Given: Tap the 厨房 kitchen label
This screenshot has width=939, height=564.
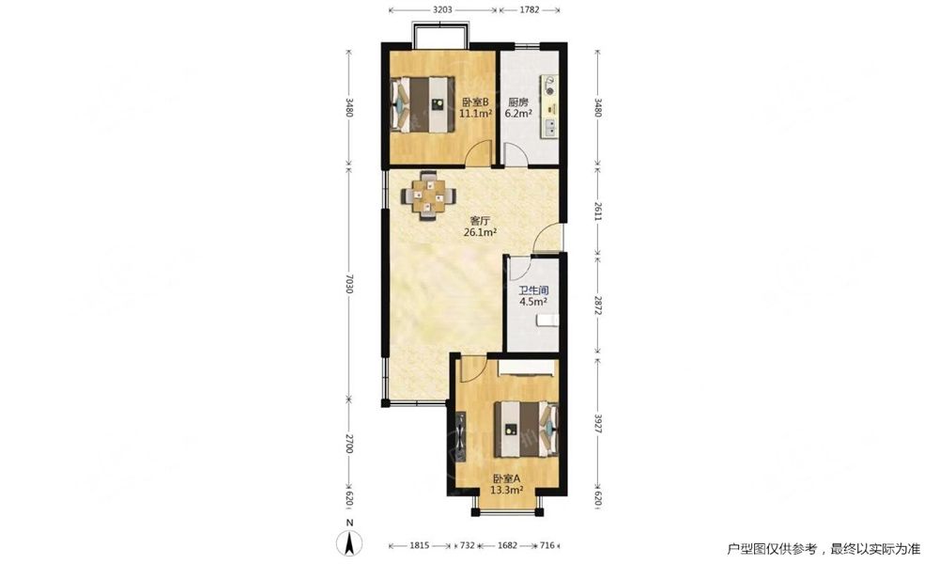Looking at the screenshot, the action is click(518, 102).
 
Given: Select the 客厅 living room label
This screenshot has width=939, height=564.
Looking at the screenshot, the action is click(480, 221).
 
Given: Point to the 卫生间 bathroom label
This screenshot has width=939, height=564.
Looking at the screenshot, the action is click(533, 290).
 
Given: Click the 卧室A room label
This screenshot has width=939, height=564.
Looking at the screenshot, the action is click(507, 478).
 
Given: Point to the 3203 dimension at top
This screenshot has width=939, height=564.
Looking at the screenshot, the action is click(442, 9).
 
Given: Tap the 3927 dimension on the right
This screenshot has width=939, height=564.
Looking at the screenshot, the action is click(597, 424).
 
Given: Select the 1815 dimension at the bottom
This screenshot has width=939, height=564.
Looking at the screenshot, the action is click(419, 545).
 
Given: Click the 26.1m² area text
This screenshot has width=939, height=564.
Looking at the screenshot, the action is click(480, 232).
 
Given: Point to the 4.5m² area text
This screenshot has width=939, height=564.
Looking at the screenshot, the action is click(533, 302).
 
